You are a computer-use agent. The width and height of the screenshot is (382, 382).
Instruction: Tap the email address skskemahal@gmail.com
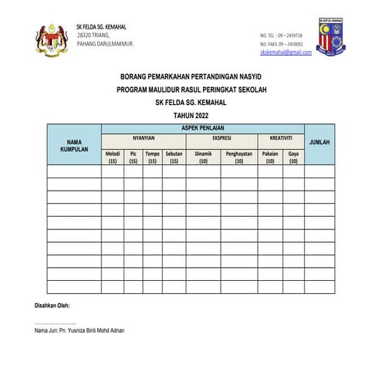coord(286,52)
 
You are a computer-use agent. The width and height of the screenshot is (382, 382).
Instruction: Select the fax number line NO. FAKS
coord(281,44)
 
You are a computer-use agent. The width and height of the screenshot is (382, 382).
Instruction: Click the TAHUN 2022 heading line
coord(191,114)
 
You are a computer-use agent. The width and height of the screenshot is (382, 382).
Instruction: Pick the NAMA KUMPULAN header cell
coord(74,146)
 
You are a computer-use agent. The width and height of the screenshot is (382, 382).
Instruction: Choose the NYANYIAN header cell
coord(144,138)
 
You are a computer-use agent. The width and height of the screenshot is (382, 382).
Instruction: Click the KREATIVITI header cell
coord(280,138)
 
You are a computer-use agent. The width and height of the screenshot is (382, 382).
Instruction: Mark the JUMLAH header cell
coord(319,144)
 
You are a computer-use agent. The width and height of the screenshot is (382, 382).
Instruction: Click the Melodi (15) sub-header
coord(113,157)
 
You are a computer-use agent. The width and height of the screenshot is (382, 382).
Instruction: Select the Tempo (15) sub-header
coord(153,157)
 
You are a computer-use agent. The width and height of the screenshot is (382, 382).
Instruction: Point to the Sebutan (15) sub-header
coord(174,157)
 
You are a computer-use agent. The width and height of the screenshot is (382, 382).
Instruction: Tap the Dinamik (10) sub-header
coord(203,157)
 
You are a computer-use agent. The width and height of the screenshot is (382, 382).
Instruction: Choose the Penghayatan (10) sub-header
coord(239,157)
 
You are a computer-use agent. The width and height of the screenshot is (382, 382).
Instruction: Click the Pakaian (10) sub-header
coord(270,157)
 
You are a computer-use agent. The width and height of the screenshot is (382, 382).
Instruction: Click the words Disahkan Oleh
coord(53,304)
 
